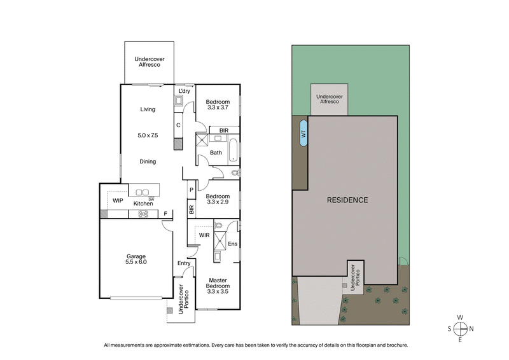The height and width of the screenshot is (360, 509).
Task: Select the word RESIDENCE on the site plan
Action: (347, 200)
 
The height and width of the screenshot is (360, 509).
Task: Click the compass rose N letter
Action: (471, 329)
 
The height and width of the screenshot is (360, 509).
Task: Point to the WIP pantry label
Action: (118, 201)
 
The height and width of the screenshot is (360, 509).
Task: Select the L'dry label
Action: (185, 92)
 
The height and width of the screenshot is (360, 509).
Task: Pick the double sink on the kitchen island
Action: (143, 192)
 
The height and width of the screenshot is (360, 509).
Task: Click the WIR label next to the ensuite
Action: (204, 235)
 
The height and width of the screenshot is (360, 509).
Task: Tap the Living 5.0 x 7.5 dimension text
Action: (148, 135)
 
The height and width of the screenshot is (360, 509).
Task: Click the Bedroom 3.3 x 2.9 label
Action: (218, 200)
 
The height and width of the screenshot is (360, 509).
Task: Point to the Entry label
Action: (184, 263)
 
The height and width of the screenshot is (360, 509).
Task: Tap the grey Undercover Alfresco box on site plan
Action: (329, 99)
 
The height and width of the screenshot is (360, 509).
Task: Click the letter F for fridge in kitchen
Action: (165, 214)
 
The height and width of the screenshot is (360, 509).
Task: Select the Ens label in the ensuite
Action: (232, 244)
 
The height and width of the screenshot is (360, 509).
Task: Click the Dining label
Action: (148, 162)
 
